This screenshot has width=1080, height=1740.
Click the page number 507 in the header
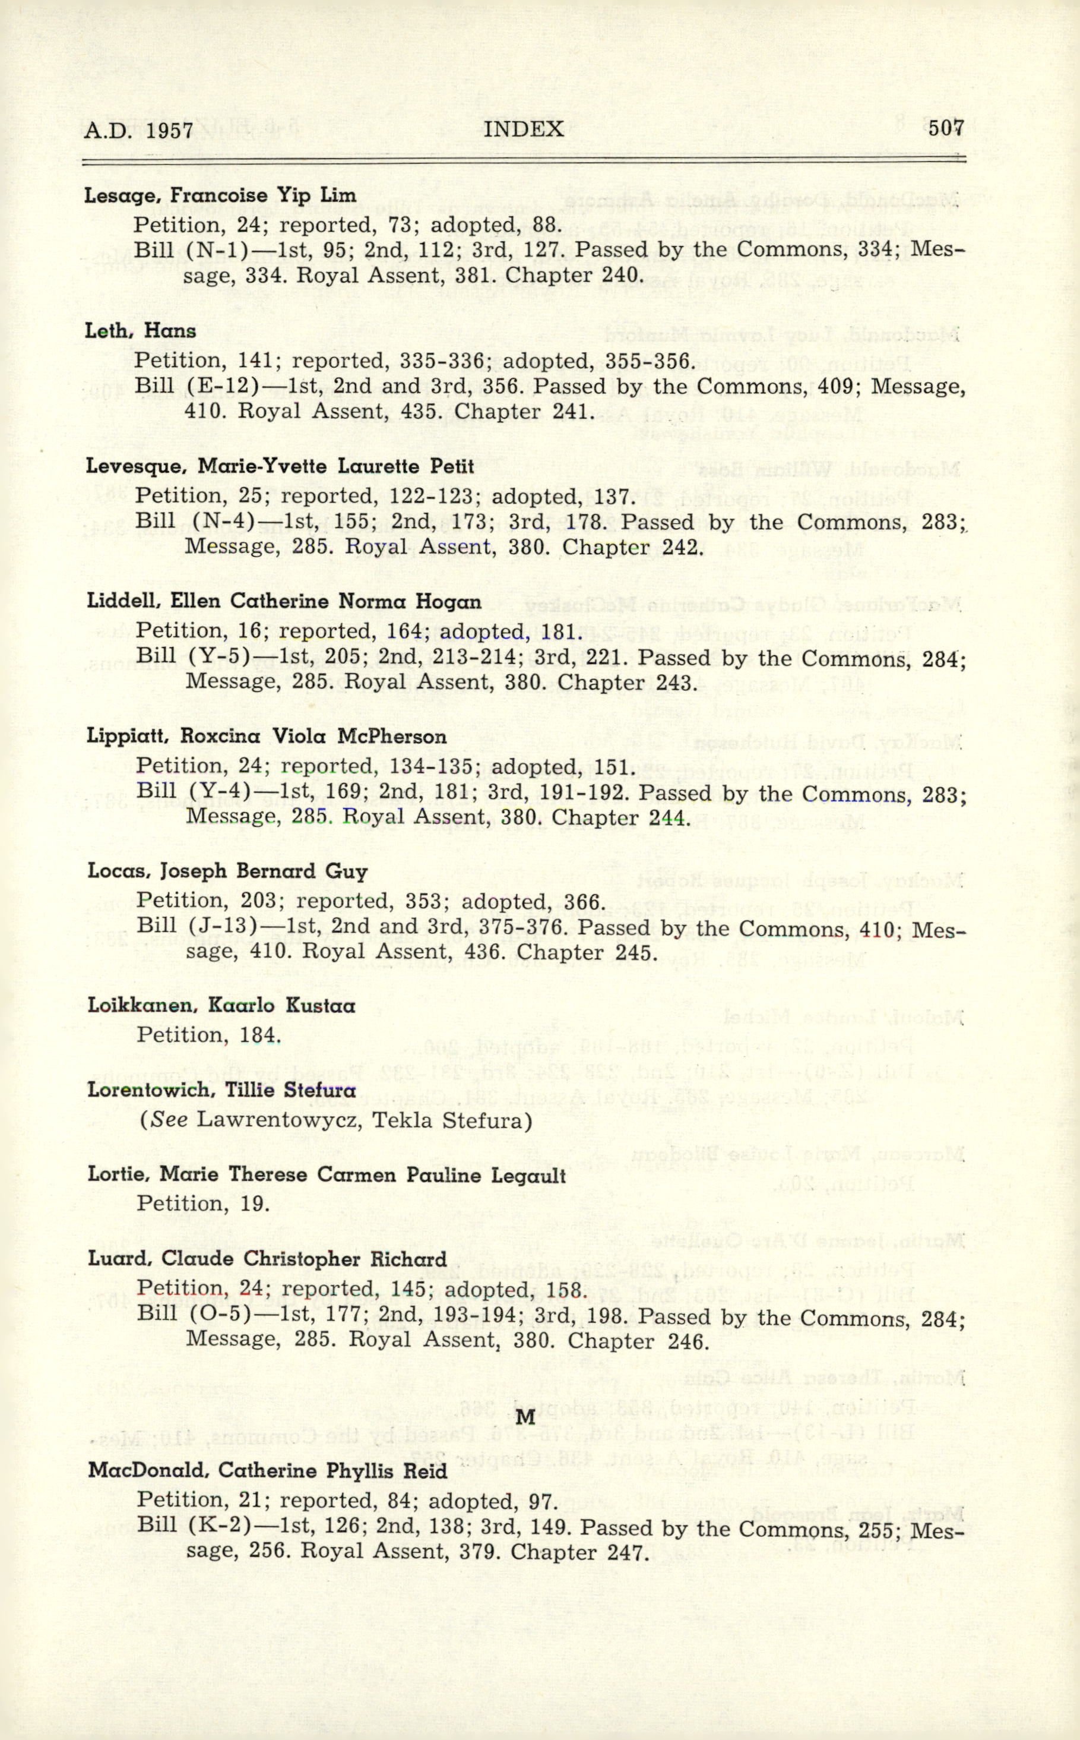click(x=946, y=129)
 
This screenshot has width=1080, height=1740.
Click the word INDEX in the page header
click(x=524, y=130)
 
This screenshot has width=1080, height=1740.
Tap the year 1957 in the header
click(x=170, y=131)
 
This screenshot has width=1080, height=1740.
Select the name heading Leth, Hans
click(x=140, y=331)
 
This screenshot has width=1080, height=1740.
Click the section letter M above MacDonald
click(x=525, y=1416)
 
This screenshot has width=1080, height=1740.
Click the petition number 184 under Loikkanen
click(x=259, y=1035)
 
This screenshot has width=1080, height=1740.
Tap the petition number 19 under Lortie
click(x=254, y=1204)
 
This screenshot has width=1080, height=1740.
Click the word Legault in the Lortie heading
click(x=528, y=1175)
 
